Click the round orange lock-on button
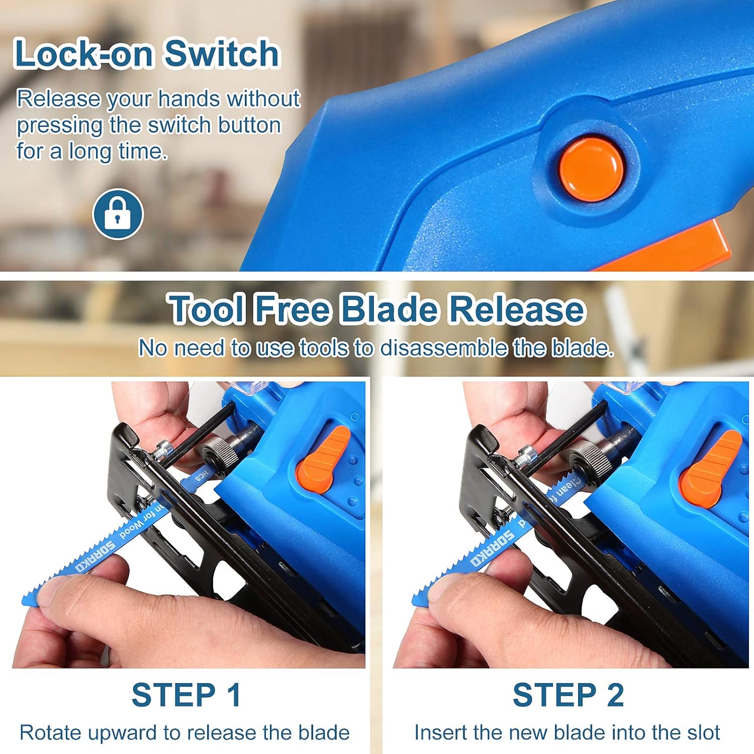[x=591, y=169]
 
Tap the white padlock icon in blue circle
[x=118, y=214]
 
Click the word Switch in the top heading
[x=222, y=54]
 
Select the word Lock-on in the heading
[x=83, y=54]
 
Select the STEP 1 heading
[x=186, y=695]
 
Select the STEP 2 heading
[x=568, y=695]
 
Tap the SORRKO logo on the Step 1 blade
[x=96, y=557]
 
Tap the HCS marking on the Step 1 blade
[x=202, y=476]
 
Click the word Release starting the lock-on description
[x=58, y=99]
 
